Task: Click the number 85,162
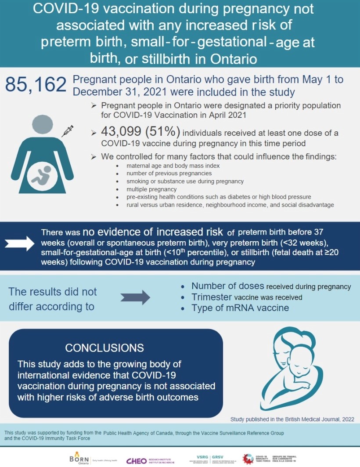pos(36,84)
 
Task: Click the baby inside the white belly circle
pos(40,174)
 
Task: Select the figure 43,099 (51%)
pos(140,133)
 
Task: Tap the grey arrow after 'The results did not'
pos(135,297)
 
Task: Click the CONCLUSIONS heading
pos(104,348)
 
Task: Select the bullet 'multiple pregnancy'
pos(145,189)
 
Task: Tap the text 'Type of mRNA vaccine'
pos(240,308)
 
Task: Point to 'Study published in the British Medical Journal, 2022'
pos(292,419)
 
